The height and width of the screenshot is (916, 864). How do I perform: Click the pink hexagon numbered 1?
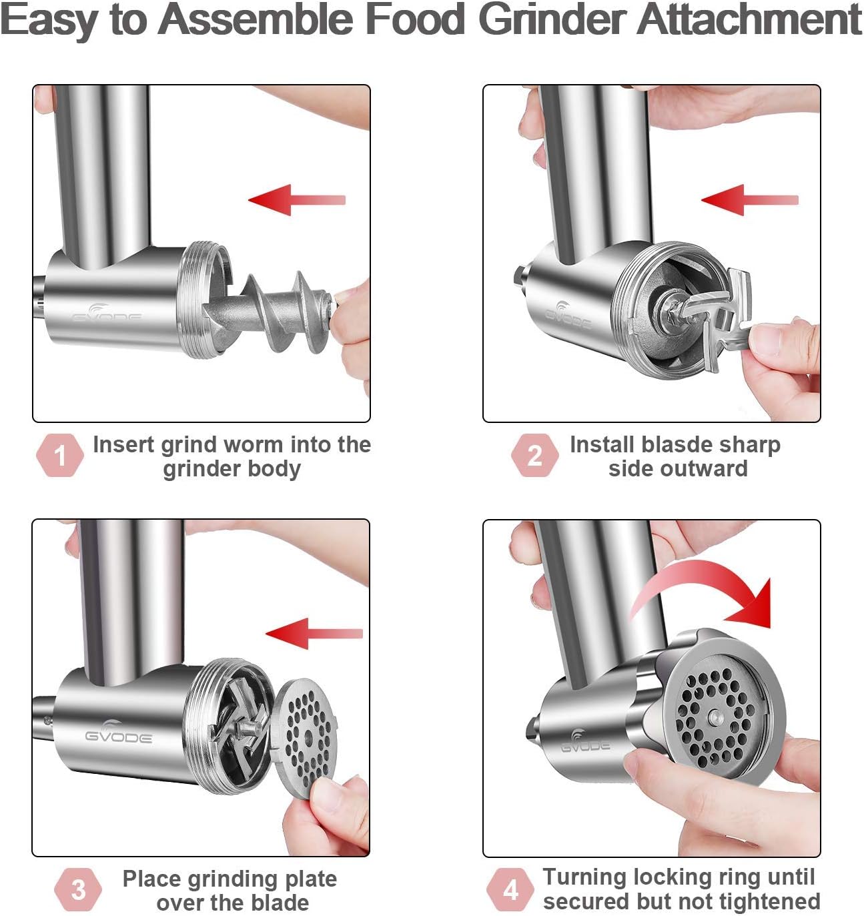pyautogui.click(x=60, y=456)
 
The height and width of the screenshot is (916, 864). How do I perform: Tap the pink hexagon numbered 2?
pyautogui.click(x=534, y=456)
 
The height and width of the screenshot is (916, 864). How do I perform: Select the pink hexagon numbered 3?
pyautogui.click(x=78, y=889)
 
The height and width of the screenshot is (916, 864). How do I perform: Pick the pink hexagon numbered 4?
pyautogui.click(x=510, y=889)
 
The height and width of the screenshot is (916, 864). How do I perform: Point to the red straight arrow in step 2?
pyautogui.click(x=749, y=199)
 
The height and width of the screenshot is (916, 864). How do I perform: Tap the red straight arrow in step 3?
pyautogui.click(x=313, y=633)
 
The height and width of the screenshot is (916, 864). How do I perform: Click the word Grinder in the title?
pyautogui.click(x=553, y=19)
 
